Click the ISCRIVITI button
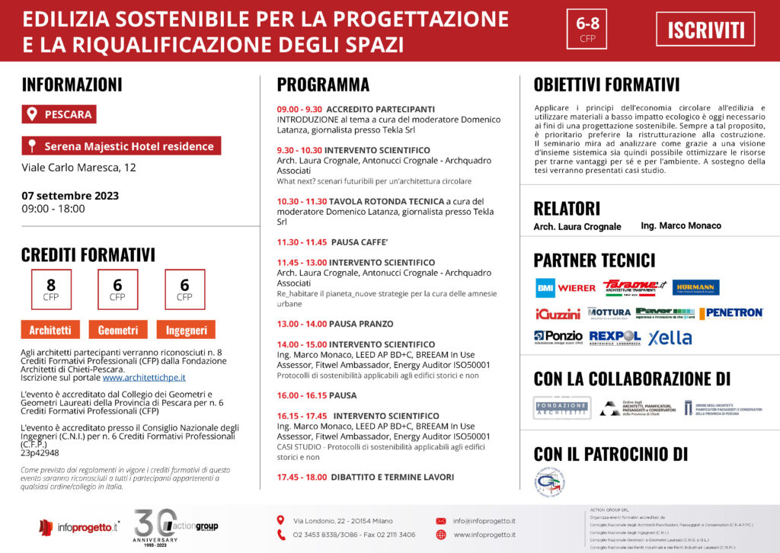705,30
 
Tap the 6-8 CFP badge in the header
587,30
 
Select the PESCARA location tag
59,114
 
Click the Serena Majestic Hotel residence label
122,145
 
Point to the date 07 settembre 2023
70,195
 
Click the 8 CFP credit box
51,289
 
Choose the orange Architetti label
50,330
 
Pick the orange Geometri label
117,330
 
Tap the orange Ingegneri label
186,330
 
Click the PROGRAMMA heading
323,85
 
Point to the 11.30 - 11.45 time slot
302,242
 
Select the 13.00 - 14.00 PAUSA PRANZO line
334,324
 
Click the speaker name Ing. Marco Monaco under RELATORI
681,225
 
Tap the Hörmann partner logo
695,287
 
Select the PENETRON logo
731,313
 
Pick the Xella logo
670,337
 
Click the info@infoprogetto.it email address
484,521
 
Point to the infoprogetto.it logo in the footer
79,526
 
